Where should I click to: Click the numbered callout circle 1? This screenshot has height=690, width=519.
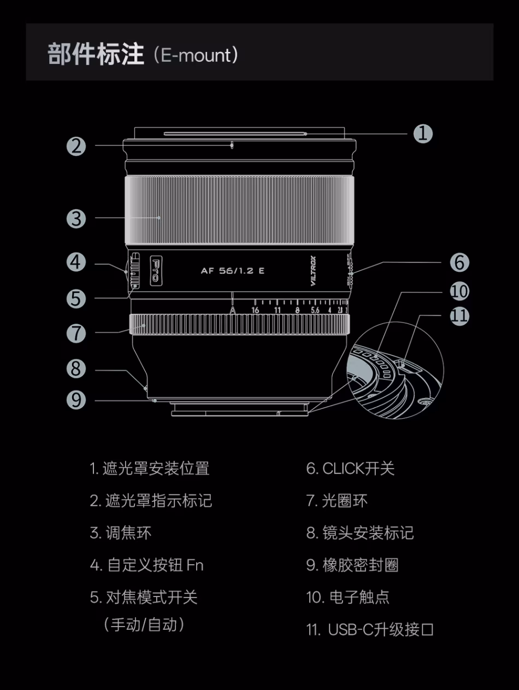[422, 133]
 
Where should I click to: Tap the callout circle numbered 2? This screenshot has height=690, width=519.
[76, 146]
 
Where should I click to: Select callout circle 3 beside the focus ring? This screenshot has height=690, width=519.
[76, 219]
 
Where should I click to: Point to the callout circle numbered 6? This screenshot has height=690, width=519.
[459, 262]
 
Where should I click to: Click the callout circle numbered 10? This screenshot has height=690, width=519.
[459, 291]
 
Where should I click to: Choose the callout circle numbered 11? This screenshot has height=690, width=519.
[459, 316]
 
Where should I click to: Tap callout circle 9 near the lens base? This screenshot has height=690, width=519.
[76, 400]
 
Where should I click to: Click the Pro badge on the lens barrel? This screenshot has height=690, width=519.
[155, 270]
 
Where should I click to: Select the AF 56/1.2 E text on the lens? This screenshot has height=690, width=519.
[233, 271]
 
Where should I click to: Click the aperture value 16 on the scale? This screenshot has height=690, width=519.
[255, 310]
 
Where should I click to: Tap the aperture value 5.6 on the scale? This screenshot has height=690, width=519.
[315, 310]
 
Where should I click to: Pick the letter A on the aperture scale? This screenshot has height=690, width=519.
[233, 310]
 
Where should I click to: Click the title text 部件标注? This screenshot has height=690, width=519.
[96, 55]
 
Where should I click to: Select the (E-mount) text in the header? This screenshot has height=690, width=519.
[196, 55]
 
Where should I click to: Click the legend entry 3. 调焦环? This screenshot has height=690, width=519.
[120, 533]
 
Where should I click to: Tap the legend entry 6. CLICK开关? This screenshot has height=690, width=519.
[350, 469]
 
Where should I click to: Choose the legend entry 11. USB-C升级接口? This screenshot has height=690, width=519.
[370, 629]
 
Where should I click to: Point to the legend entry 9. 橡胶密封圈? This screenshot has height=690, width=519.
[352, 565]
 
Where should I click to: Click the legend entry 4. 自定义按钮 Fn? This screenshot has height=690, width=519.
[146, 565]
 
